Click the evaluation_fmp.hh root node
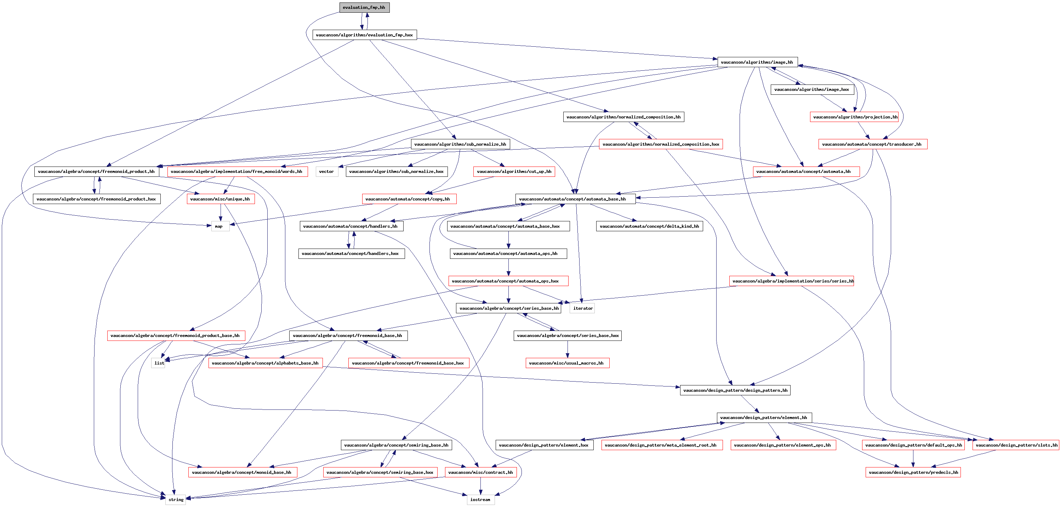click(364, 7)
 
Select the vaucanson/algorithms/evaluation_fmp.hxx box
click(364, 35)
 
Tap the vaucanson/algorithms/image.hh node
click(757, 62)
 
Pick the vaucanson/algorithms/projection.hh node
click(854, 117)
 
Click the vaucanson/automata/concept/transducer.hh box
click(872, 144)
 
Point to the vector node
click(327, 172)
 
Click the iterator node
click(582, 308)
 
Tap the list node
click(159, 363)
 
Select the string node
click(176, 499)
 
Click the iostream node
click(480, 499)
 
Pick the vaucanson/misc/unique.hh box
click(220, 199)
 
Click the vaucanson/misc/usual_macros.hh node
click(567, 363)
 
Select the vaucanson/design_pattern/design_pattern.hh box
click(735, 390)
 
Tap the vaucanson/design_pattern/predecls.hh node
click(913, 472)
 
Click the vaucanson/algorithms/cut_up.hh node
click(514, 172)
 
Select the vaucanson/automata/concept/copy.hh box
click(409, 199)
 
